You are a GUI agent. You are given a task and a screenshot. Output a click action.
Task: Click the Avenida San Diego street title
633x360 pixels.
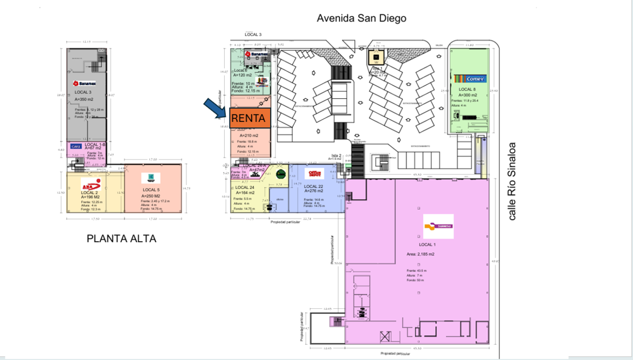[361, 18]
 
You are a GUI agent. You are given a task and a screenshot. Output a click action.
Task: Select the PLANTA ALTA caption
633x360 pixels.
[121, 239]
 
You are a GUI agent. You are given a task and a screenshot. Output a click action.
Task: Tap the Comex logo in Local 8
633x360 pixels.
[469, 79]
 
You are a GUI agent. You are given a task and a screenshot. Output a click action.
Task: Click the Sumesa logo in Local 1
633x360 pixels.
[438, 226]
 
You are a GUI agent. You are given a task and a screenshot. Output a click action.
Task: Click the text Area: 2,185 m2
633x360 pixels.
[420, 254]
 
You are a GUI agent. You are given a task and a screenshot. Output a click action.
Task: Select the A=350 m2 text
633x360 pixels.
[85, 99]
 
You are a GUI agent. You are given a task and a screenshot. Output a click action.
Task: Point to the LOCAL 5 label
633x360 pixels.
[153, 190]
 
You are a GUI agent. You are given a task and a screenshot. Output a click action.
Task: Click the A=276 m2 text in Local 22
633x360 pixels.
[313, 191]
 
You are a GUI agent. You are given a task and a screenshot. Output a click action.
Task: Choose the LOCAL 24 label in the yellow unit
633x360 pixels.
[245, 187]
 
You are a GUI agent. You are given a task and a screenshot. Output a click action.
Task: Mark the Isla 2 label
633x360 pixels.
[337, 155]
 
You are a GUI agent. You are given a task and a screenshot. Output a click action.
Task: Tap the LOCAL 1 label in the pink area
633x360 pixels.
[427, 245]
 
